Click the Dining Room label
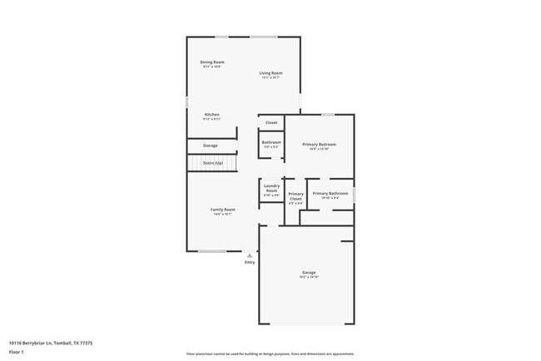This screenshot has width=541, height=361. pos(211,62)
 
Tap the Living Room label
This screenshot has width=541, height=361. pos(270,73)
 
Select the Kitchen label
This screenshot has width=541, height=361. pos(211,114)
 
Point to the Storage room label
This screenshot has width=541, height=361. pos(210,146)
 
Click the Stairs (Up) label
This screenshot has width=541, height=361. pos(212,163)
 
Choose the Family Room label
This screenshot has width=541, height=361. pos(222,209)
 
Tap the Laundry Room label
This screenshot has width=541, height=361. pos(271,188)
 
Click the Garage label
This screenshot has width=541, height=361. pos(309,272)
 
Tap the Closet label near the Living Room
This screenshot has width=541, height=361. pos(271,122)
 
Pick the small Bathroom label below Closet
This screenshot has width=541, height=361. pos(271,141)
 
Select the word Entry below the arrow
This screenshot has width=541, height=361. pos(250,263)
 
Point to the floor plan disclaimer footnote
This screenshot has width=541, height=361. pos(270,354)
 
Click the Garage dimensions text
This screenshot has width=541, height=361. pos(309,277)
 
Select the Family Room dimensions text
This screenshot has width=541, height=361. pos(222,214)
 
